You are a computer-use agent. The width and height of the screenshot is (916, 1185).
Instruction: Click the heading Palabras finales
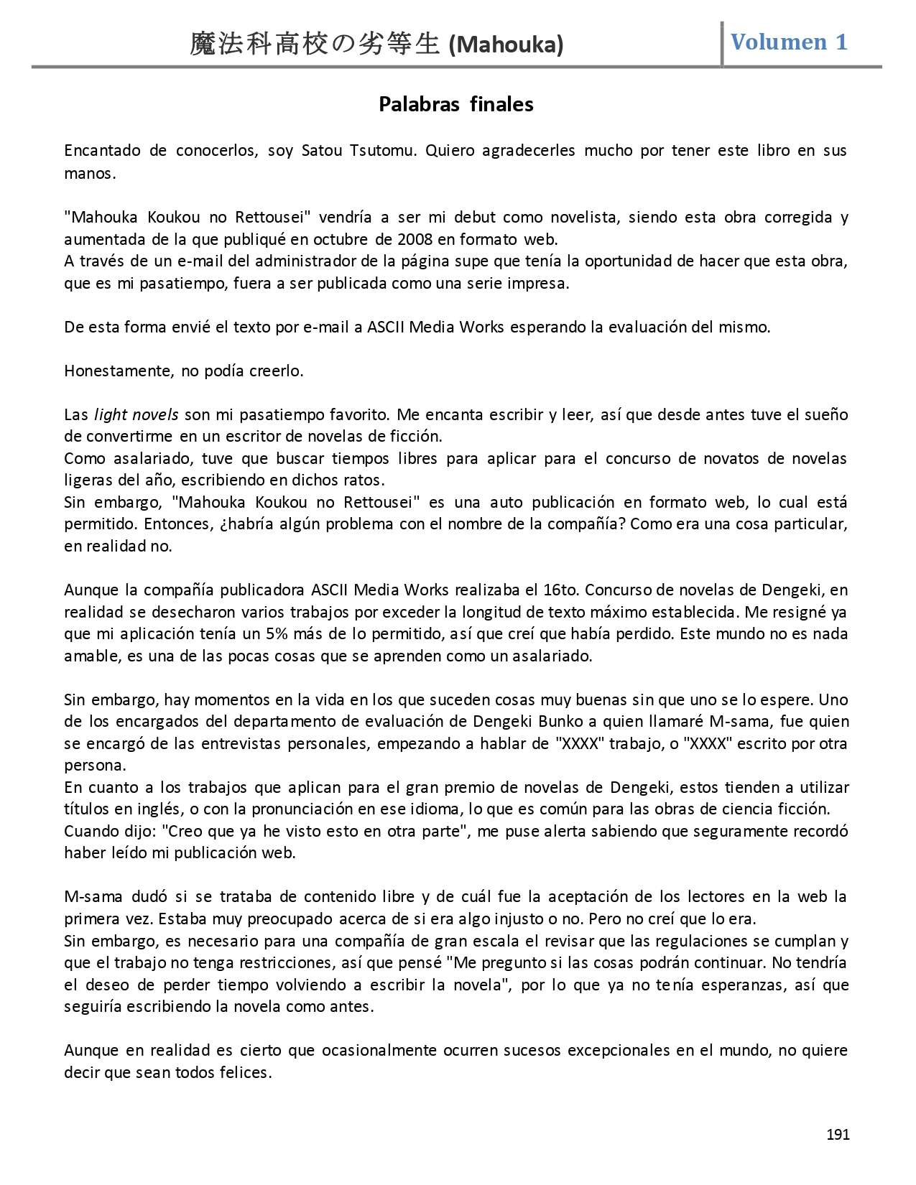(x=455, y=105)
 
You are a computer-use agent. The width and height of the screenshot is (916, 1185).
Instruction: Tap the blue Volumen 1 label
(x=788, y=42)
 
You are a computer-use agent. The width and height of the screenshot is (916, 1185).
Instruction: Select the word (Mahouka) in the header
(x=506, y=45)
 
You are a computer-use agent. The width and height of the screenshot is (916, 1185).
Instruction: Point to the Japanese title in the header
(x=315, y=45)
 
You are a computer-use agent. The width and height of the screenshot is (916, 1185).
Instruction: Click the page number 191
(x=838, y=1135)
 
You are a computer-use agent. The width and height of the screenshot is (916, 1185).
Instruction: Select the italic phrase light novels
(x=137, y=415)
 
